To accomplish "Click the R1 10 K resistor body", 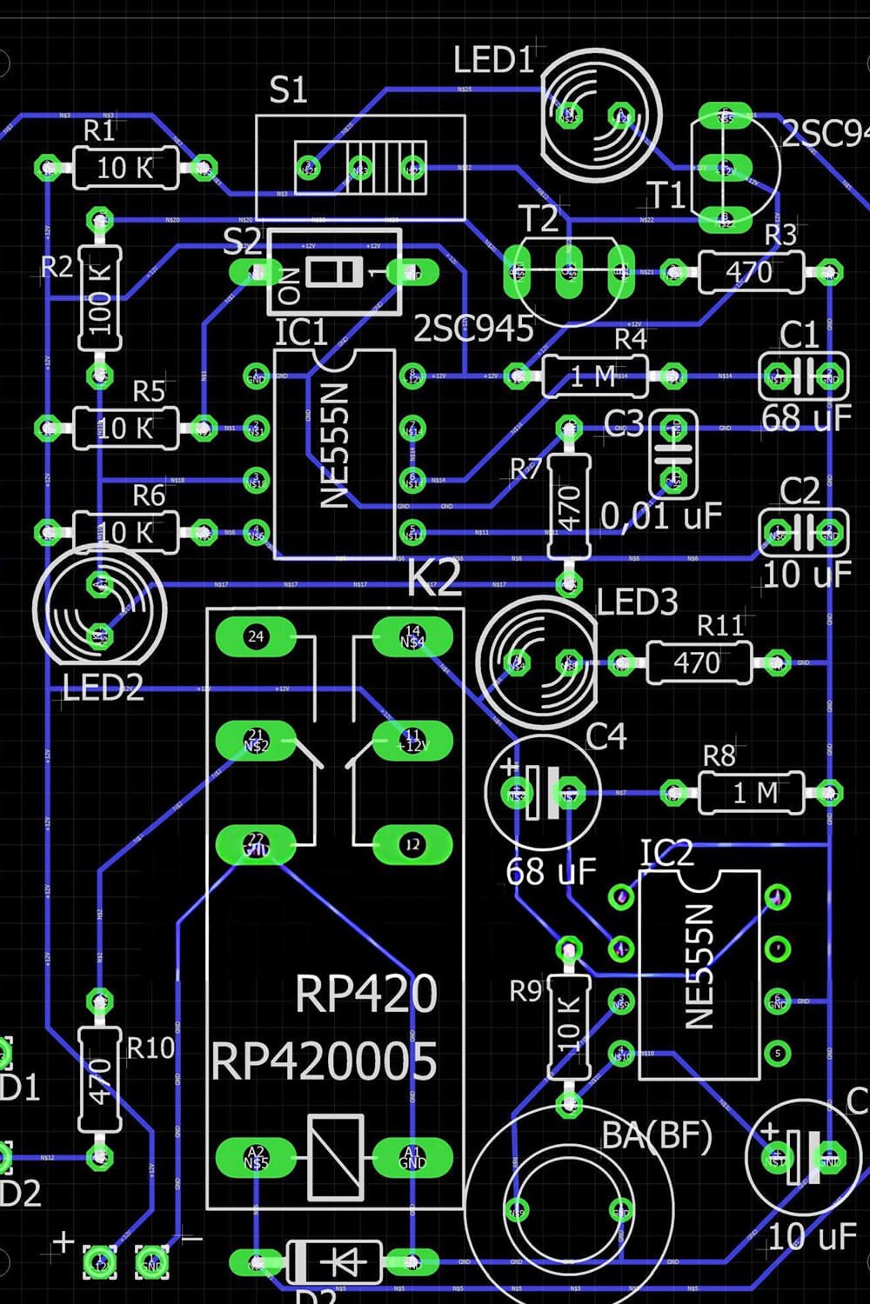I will [x=125, y=168].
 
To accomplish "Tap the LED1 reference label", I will [x=492, y=61].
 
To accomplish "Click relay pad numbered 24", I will [x=255, y=636].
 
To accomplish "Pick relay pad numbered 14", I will [x=412, y=636].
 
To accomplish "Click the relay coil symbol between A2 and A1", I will [x=335, y=1157].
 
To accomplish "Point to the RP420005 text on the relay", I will [x=324, y=1061].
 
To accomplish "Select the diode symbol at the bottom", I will [x=334, y=1261].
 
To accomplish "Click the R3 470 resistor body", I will [x=750, y=272].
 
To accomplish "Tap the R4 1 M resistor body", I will [x=594, y=376].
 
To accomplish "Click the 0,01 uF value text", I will [x=661, y=516].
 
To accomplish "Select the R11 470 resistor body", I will [x=698, y=663].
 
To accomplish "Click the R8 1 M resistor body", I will [x=750, y=793].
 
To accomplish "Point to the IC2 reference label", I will [x=666, y=854].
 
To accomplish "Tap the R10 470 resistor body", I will [x=100, y=1079].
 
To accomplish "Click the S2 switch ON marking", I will [x=293, y=285].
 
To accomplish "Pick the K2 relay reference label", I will [x=433, y=578].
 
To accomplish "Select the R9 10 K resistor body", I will [x=568, y=1027].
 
